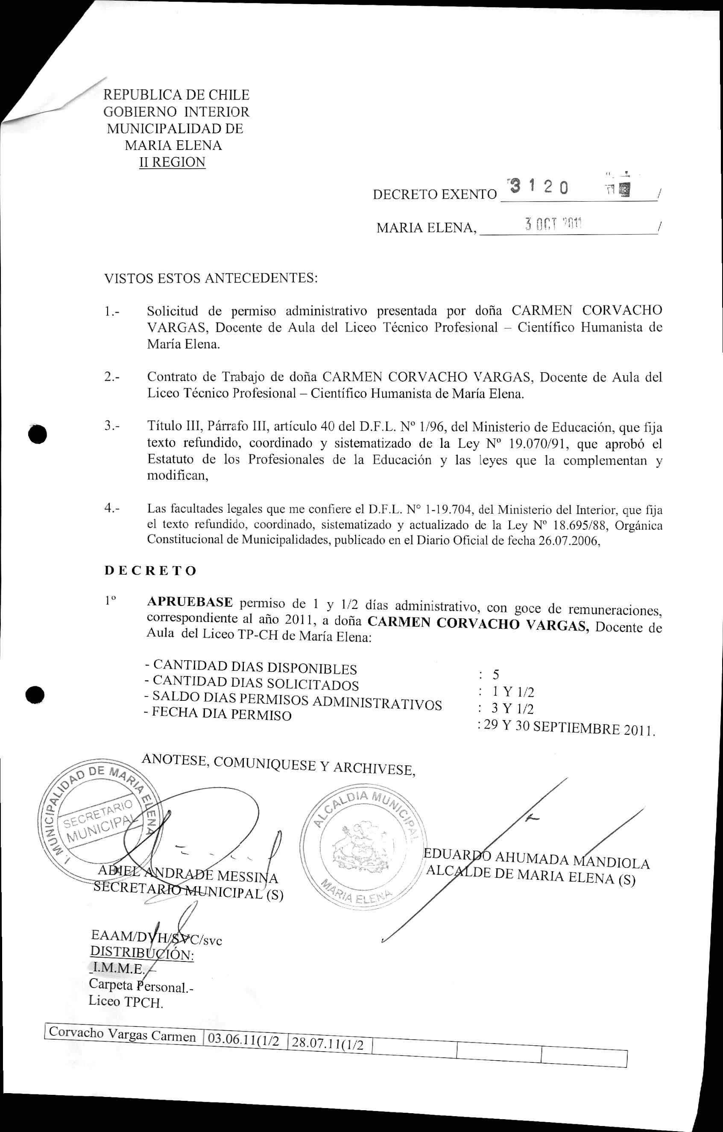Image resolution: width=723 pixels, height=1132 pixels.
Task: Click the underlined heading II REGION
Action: tap(172, 162)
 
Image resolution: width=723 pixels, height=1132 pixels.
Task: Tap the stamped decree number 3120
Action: tap(539, 188)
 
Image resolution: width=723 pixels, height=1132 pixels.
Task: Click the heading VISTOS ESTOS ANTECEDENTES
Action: tap(211, 278)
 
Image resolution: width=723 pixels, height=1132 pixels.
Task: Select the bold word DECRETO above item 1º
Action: tap(150, 571)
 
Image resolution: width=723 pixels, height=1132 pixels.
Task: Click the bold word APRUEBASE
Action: tap(190, 603)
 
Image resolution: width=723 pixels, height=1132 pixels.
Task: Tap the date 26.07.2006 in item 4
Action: tap(568, 541)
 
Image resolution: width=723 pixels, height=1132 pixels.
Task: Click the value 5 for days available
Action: tap(496, 675)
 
